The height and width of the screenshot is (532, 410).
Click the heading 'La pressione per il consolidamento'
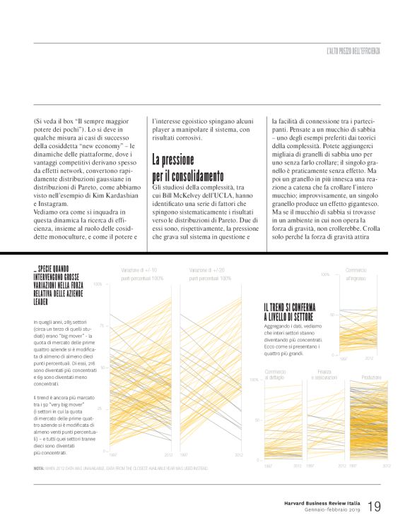point(187,167)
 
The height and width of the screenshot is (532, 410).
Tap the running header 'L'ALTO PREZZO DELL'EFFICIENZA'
point(353,51)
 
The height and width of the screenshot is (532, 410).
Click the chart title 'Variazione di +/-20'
point(208,270)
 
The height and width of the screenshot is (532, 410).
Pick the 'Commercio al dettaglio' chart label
point(276,375)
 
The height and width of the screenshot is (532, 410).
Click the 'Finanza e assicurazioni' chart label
point(324,375)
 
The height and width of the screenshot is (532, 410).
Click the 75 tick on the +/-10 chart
point(102,326)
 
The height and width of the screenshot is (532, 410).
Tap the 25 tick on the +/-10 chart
point(102,409)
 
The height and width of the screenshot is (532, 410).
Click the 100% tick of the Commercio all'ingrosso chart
point(325,274)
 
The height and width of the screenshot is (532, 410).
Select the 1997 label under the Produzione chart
point(353,466)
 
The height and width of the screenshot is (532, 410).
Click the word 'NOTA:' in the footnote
point(39,468)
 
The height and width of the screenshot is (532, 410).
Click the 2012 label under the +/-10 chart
point(168,455)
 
